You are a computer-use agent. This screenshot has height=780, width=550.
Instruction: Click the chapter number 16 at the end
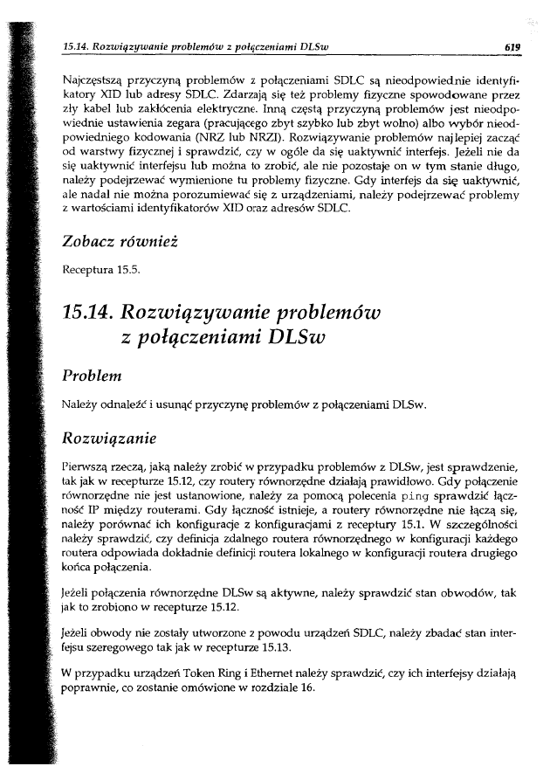click(x=306, y=687)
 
